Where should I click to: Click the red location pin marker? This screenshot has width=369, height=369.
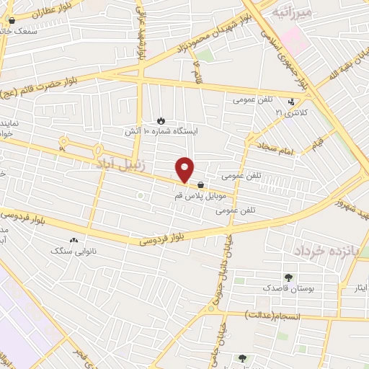(x=185, y=169)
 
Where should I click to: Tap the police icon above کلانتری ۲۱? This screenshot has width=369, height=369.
(x=291, y=102)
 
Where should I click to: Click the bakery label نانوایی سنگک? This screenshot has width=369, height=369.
(x=71, y=251)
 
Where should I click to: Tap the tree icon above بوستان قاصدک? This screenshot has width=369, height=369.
(x=289, y=277)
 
